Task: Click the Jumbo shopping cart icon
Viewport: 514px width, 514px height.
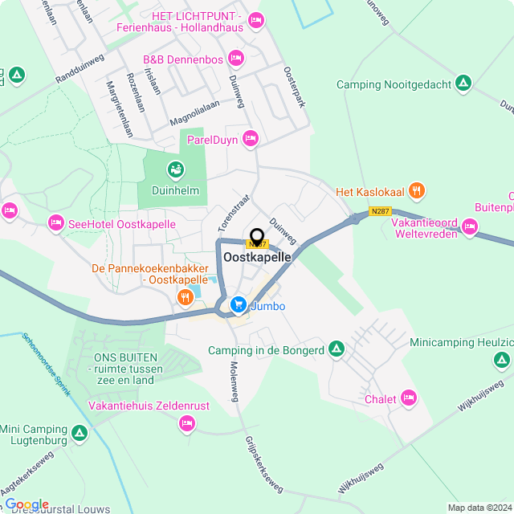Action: tap(238, 304)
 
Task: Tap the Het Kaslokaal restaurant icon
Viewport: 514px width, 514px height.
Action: tap(416, 191)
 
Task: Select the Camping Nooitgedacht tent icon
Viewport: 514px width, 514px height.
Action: tap(463, 83)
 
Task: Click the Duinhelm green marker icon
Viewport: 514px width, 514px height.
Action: tap(174, 169)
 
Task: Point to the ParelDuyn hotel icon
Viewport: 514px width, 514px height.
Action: tap(250, 140)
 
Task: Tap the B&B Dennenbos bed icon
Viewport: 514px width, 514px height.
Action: tap(235, 57)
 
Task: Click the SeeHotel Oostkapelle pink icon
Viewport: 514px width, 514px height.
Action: tap(55, 222)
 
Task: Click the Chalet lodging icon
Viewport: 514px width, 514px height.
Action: tap(410, 398)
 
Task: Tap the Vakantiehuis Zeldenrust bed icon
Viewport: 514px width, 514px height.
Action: tap(187, 422)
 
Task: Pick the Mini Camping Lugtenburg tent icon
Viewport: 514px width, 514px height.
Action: tap(79, 434)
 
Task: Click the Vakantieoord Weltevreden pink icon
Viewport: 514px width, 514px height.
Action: tap(470, 228)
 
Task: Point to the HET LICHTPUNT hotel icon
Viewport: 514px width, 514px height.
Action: tap(255, 19)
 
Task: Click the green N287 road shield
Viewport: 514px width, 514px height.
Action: tap(380, 211)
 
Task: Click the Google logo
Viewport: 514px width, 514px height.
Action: tap(27, 504)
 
